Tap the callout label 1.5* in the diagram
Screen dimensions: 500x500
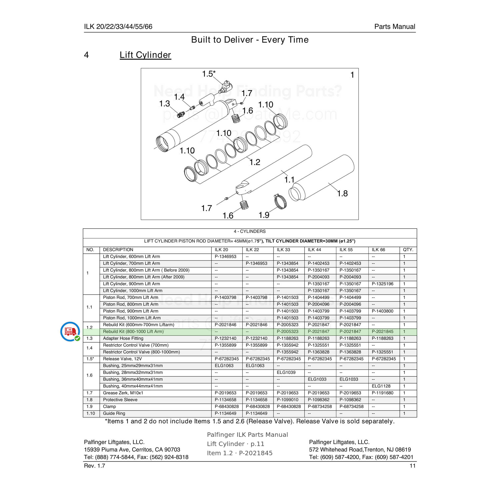click(x=209, y=74)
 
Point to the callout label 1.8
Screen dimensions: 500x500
click(x=342, y=193)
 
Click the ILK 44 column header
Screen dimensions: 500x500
click(x=314, y=250)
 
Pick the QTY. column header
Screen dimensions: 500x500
click(x=408, y=250)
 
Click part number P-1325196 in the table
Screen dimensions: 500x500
click(x=383, y=284)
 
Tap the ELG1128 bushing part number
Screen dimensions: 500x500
click(x=381, y=386)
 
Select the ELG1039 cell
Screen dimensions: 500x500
click(x=286, y=372)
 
